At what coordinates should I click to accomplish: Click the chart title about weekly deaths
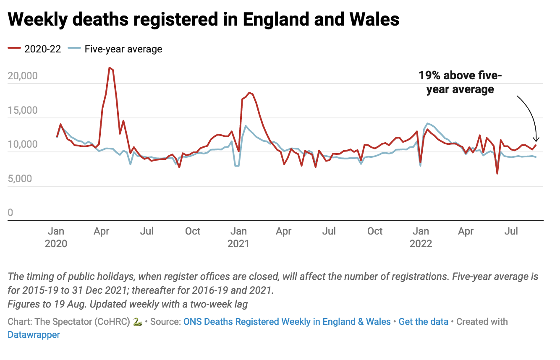coord(203,20)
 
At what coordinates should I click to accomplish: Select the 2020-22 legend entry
coord(34,49)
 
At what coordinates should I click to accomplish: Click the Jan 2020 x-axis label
coord(56,237)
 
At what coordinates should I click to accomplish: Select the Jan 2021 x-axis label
coord(238,237)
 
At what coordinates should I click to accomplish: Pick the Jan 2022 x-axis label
coord(421,237)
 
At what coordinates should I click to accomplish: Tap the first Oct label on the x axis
coord(193,231)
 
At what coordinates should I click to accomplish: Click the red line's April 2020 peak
coord(110,68)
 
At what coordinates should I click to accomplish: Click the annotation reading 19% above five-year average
coord(460,82)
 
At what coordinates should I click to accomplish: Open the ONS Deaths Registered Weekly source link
coord(287,322)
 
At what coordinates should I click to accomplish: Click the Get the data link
coord(424,322)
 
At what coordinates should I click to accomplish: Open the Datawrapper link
coord(34,334)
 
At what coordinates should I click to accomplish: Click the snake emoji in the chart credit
coord(137,322)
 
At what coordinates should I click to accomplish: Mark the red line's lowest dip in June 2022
coord(497,173)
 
